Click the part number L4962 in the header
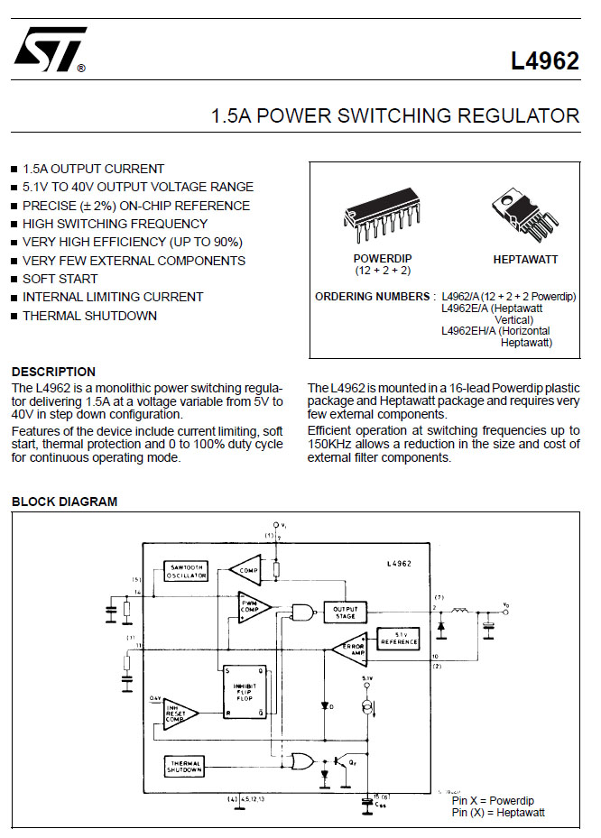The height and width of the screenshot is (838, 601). coord(544,61)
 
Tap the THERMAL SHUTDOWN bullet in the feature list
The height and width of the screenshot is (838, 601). coord(89,316)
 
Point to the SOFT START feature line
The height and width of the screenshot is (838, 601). coord(60,279)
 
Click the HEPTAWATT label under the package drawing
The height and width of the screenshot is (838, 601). coord(525,260)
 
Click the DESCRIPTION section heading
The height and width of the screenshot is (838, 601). coord(53,372)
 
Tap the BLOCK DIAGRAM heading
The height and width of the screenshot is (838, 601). coord(64,502)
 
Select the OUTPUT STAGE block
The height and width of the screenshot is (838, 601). coord(346,613)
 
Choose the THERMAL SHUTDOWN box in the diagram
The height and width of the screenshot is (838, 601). coord(185,766)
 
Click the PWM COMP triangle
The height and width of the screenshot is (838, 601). coord(250,606)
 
